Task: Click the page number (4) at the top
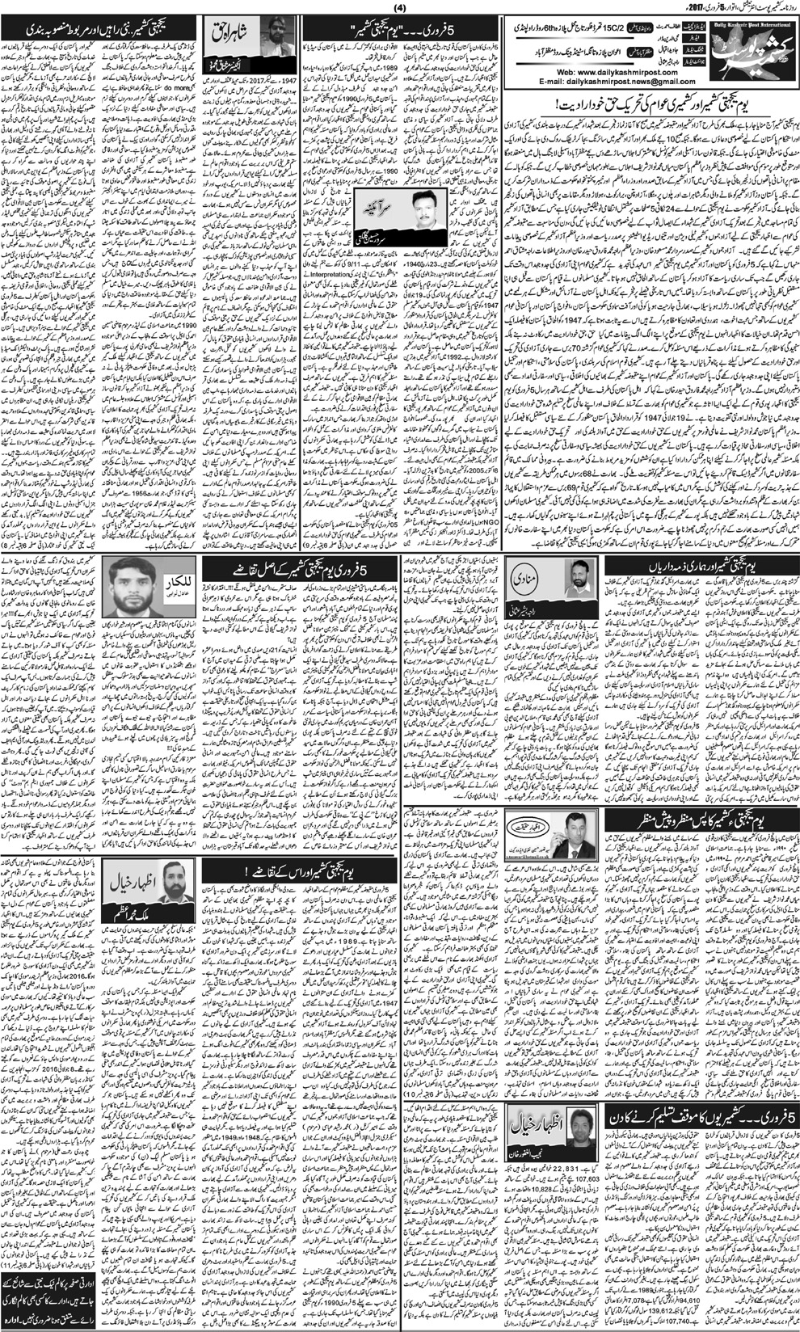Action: (x=401, y=8)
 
